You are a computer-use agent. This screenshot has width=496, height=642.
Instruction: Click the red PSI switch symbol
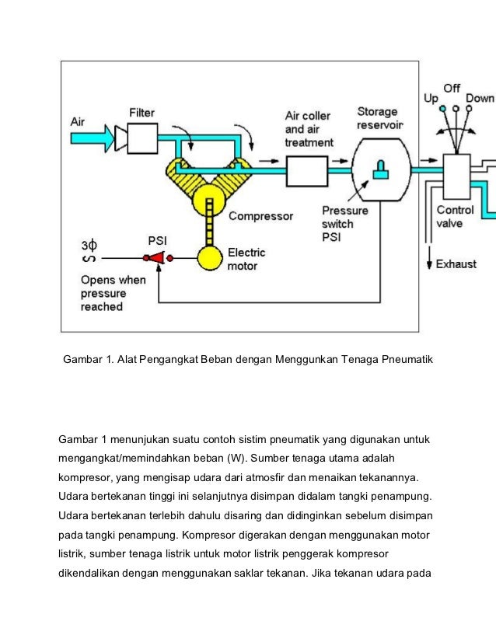click(x=157, y=257)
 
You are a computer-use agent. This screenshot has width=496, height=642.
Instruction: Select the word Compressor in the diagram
click(x=260, y=216)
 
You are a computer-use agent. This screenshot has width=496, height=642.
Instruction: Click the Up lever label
click(x=430, y=99)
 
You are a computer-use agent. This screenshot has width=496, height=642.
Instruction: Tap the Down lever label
click(x=480, y=99)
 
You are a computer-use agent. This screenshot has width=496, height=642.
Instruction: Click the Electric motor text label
click(x=246, y=259)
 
